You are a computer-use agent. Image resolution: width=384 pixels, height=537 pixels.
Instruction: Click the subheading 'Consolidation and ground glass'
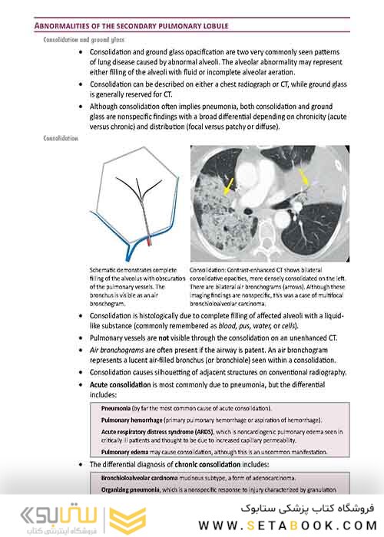pyautogui.click(x=85, y=38)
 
